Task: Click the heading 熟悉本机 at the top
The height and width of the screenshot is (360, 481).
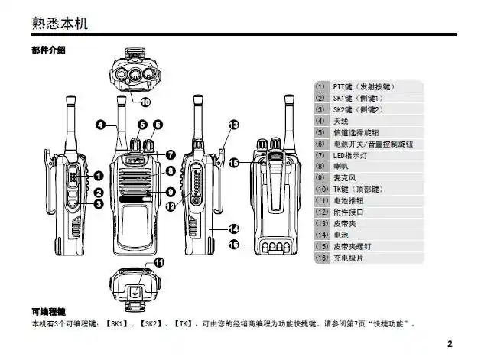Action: pos(60,23)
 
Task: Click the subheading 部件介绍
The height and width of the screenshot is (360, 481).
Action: pos(48,50)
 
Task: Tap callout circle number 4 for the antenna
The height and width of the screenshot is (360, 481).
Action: pos(100,125)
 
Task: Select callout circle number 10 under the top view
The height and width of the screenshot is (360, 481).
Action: pos(145,100)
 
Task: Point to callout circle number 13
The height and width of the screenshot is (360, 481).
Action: pos(233,125)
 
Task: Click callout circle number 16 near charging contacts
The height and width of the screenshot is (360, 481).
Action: pos(236,244)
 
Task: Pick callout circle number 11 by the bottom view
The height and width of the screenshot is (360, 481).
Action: pos(159,262)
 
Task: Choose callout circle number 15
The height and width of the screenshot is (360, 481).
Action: pos(235,162)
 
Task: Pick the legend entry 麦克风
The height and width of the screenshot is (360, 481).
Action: pos(346,177)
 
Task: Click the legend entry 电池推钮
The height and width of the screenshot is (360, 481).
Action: pos(349,200)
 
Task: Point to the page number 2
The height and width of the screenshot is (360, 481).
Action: pos(450,343)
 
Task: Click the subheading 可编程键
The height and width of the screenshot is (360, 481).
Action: pos(48,312)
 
